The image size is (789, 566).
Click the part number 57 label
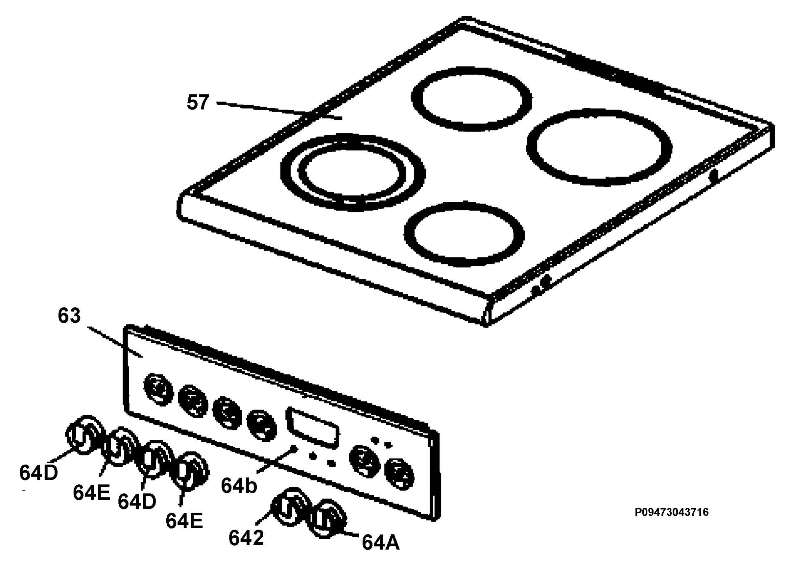click(x=198, y=102)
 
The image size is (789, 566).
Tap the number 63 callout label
click(x=69, y=315)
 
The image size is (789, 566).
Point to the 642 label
click(x=246, y=538)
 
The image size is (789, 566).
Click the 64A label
click(x=381, y=542)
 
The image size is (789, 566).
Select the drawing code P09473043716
click(x=671, y=512)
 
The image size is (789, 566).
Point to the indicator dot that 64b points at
click(x=294, y=448)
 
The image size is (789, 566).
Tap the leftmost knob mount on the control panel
click(x=158, y=389)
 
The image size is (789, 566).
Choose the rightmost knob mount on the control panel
click(x=399, y=474)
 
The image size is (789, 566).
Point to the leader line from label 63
click(x=114, y=342)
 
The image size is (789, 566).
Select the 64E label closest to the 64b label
click(x=184, y=521)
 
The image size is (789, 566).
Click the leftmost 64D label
click(x=38, y=473)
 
